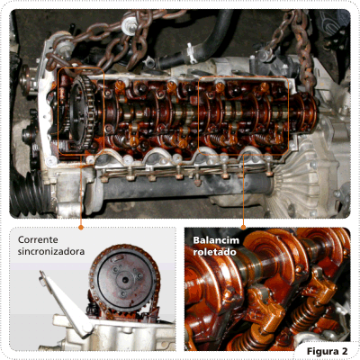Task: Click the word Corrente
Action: (x=38, y=240)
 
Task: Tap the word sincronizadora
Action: (x=51, y=251)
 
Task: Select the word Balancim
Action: (x=216, y=240)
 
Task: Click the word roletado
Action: (x=214, y=252)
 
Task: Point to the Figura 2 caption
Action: (x=327, y=351)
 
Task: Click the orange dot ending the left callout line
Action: (x=80, y=228)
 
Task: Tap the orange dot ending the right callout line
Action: (x=243, y=228)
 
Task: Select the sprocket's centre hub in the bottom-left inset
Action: (x=125, y=280)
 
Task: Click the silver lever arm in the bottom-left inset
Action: (x=66, y=303)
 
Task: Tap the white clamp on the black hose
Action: (x=190, y=51)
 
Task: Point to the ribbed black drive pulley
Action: (x=30, y=192)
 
